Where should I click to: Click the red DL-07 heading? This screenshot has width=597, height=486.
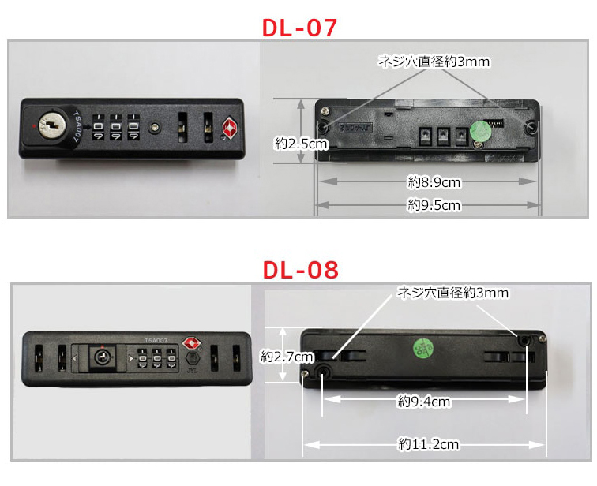(x=298, y=27)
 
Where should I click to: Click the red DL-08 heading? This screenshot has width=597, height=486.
(x=298, y=270)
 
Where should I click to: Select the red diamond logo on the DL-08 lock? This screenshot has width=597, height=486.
(x=191, y=343)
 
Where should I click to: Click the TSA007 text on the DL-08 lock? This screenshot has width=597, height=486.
(x=155, y=340)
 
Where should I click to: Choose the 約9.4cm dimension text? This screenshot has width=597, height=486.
(x=423, y=402)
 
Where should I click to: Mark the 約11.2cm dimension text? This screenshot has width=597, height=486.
(x=428, y=444)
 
